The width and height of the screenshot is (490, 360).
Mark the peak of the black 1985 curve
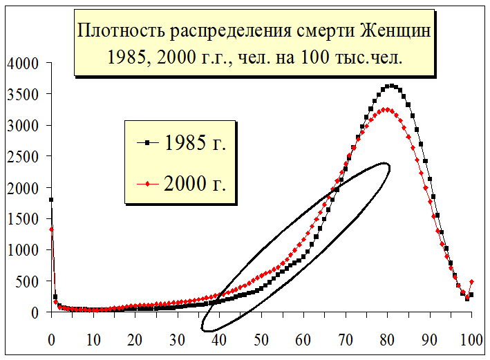point(392,86)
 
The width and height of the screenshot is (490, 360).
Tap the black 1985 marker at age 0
point(51,200)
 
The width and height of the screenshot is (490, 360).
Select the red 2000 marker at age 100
point(471,281)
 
